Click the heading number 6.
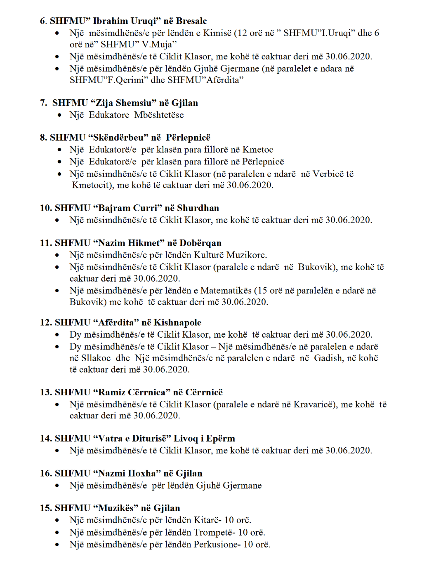click(43, 21)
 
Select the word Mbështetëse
click(159, 115)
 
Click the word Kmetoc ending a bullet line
click(258, 150)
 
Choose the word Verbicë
click(328, 174)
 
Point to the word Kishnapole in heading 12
click(177, 323)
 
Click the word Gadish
click(329, 358)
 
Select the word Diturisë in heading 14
click(151, 439)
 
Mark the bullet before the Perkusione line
click(57, 545)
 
